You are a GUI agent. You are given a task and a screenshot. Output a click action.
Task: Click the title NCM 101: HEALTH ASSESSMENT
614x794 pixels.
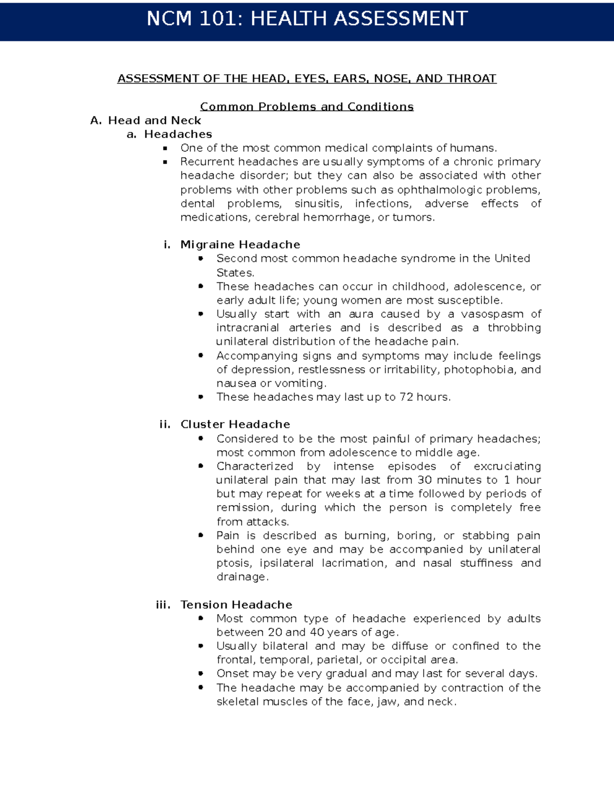click(307, 19)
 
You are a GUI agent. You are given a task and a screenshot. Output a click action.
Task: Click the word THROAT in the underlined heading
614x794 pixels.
click(471, 79)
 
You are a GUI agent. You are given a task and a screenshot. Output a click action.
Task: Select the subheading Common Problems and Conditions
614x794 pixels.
click(306, 107)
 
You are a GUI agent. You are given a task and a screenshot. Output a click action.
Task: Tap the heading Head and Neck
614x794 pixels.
click(154, 121)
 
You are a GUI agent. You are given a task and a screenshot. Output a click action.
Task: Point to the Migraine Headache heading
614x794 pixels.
click(240, 245)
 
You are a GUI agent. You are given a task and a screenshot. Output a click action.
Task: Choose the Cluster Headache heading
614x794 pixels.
click(235, 424)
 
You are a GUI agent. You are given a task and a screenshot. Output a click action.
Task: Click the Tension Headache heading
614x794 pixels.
click(236, 605)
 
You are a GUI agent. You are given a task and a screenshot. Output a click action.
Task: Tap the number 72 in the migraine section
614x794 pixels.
click(406, 397)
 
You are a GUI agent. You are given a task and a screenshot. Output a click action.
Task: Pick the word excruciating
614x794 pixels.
click(507, 467)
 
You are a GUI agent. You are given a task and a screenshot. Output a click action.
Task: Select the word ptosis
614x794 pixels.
click(233, 563)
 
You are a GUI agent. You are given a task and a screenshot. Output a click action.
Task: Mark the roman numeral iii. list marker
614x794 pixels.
click(163, 605)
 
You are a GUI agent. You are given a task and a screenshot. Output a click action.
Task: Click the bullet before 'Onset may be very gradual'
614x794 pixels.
click(201, 674)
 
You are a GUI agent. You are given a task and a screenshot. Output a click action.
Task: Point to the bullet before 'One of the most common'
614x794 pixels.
click(165, 148)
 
